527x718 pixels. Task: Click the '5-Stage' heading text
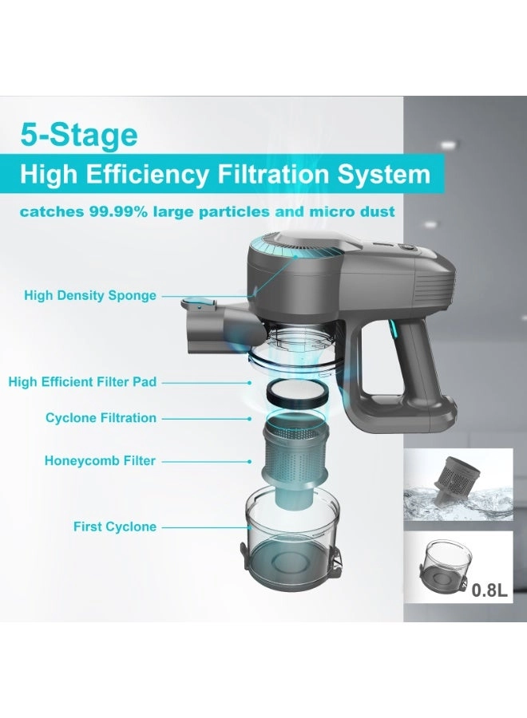pyautogui.click(x=79, y=135)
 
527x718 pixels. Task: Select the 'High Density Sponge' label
pyautogui.click(x=90, y=295)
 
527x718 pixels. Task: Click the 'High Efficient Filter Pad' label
pyautogui.click(x=82, y=382)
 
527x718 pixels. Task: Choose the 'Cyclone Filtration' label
pyautogui.click(x=101, y=418)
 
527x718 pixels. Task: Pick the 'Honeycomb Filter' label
pyautogui.click(x=101, y=460)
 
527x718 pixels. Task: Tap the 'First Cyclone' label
pyautogui.click(x=115, y=527)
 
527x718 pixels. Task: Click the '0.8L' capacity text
pyautogui.click(x=489, y=590)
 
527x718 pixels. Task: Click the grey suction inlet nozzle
pyautogui.click(x=216, y=330)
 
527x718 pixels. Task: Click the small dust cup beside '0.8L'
pyautogui.click(x=442, y=566)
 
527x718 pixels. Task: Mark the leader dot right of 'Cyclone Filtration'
pyautogui.click(x=249, y=419)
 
